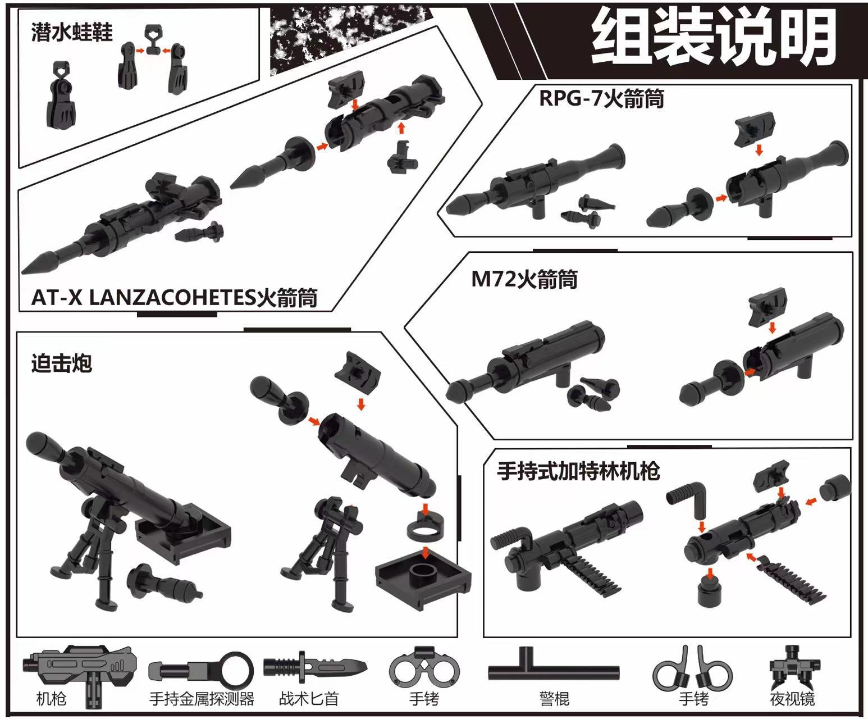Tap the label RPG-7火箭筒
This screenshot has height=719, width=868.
[601, 98]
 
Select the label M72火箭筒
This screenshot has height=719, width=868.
[524, 279]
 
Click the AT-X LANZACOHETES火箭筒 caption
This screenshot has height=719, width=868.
[174, 297]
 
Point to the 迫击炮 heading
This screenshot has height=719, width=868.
[61, 363]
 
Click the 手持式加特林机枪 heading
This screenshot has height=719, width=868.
[578, 471]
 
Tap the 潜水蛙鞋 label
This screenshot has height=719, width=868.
[72, 33]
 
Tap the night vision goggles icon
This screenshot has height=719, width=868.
[792, 668]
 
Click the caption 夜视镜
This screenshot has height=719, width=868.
[792, 699]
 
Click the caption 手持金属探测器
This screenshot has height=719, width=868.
[202, 699]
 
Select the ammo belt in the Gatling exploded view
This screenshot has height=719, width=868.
[792, 579]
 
